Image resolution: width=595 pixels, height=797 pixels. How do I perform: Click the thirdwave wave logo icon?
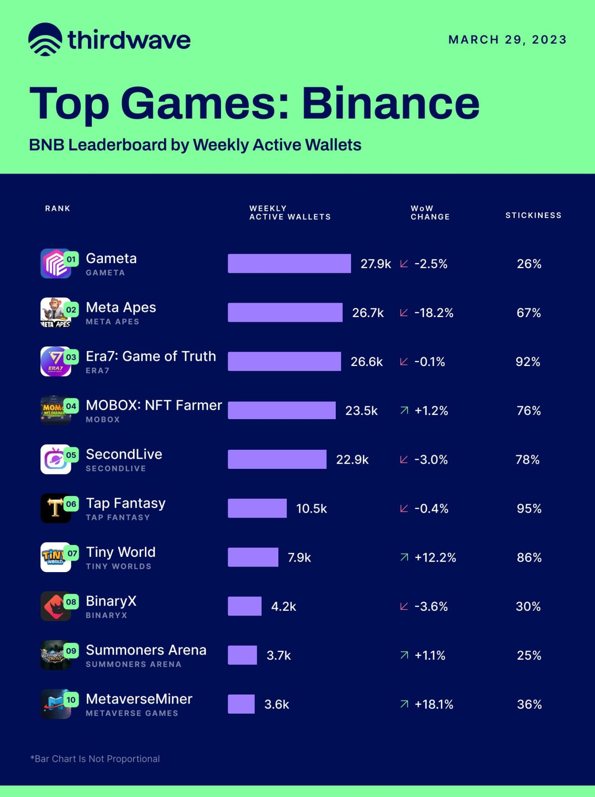tap(45, 40)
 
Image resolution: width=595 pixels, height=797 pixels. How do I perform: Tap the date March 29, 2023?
tap(507, 40)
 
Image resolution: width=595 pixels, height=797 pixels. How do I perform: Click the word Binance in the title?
tap(391, 103)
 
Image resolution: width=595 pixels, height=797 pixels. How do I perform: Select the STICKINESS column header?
tap(533, 215)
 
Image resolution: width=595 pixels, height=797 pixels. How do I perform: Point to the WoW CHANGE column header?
tap(430, 213)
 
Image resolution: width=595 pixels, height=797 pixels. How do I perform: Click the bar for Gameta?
tap(289, 264)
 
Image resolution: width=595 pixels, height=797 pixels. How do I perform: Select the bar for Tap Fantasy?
tap(257, 508)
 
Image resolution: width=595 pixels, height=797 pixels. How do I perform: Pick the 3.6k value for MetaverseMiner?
tap(277, 704)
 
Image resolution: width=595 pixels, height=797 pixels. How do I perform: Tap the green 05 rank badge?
tap(71, 455)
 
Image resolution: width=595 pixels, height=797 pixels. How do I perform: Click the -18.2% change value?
tap(433, 313)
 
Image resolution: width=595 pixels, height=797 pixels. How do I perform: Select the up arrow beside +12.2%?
tap(404, 557)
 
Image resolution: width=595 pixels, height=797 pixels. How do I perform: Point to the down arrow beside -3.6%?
tap(404, 606)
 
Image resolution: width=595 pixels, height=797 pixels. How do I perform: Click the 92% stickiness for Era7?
tap(528, 362)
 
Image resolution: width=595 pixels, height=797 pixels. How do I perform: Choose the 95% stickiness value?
tap(529, 508)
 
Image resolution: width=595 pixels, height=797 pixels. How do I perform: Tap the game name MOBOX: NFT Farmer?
tap(154, 405)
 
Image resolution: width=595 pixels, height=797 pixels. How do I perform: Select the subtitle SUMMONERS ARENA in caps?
tap(133, 664)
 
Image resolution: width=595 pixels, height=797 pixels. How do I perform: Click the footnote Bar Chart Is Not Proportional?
tap(95, 759)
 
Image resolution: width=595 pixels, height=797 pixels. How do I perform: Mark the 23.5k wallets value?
tap(361, 411)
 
